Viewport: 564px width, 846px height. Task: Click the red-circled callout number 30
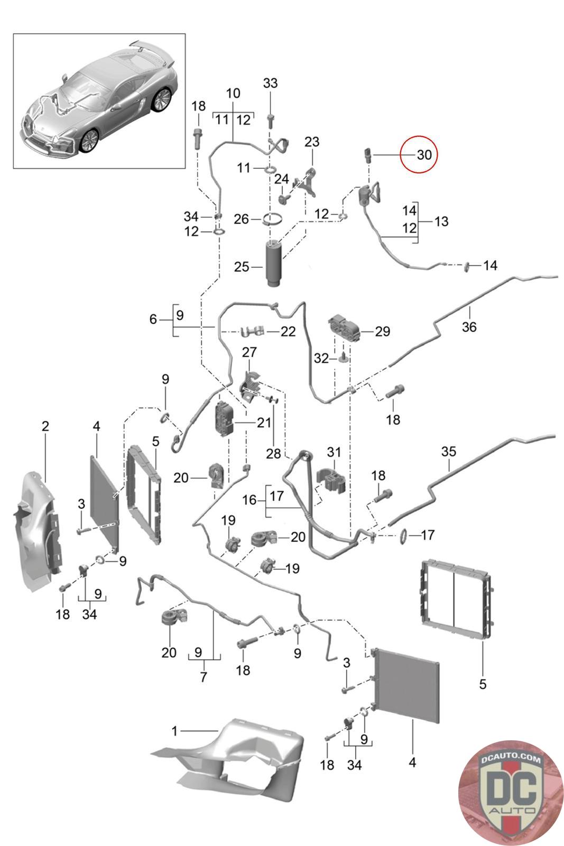pyautogui.click(x=424, y=154)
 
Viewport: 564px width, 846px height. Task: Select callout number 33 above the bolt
pyautogui.click(x=270, y=83)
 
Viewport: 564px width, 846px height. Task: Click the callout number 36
pyautogui.click(x=469, y=327)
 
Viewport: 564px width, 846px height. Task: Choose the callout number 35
pyautogui.click(x=448, y=452)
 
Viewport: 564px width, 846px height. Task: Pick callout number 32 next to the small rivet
pyautogui.click(x=321, y=358)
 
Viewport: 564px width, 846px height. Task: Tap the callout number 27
pyautogui.click(x=249, y=352)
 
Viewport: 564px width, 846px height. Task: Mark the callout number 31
pyautogui.click(x=334, y=453)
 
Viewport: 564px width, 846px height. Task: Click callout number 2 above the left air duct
pyautogui.click(x=45, y=426)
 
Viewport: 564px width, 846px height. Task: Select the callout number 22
pyautogui.click(x=288, y=332)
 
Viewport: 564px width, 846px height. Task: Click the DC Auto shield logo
pyautogui.click(x=511, y=792)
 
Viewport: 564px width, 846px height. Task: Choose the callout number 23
pyautogui.click(x=312, y=142)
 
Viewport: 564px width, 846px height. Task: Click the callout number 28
pyautogui.click(x=273, y=453)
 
